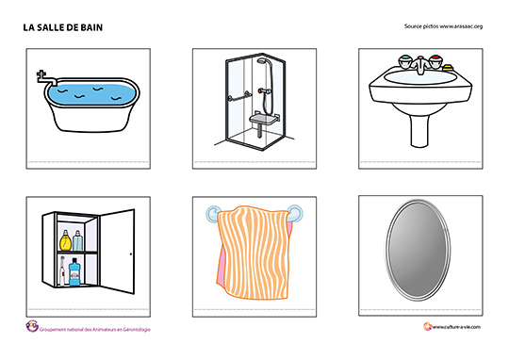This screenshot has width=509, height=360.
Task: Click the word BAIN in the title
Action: [91, 27]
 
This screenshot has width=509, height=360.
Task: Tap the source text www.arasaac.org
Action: [461, 26]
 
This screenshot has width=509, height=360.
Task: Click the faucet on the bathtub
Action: [45, 78]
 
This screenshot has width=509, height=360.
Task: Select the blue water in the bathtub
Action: [91, 93]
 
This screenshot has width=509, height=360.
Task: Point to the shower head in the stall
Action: [262, 60]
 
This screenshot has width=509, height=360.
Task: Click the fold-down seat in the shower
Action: [264, 120]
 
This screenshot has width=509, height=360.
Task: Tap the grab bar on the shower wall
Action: [238, 96]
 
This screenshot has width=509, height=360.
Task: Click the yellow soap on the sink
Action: [448, 68]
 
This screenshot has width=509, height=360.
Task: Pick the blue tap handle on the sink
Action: [404, 61]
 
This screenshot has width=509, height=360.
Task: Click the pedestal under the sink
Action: [419, 126]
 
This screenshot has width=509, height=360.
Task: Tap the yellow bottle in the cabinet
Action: [66, 240]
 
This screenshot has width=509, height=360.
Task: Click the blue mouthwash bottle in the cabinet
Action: [74, 272]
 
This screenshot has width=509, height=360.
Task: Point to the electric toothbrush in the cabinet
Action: [62, 270]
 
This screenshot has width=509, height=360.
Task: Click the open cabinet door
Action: [117, 252]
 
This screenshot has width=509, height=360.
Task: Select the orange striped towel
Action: [254, 252]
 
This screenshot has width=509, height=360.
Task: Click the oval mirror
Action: [418, 250]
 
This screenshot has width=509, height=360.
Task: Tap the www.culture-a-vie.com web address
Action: [456, 327]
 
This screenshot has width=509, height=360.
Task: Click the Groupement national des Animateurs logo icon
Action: [32, 326]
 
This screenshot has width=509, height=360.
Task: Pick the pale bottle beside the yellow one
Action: [78, 240]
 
